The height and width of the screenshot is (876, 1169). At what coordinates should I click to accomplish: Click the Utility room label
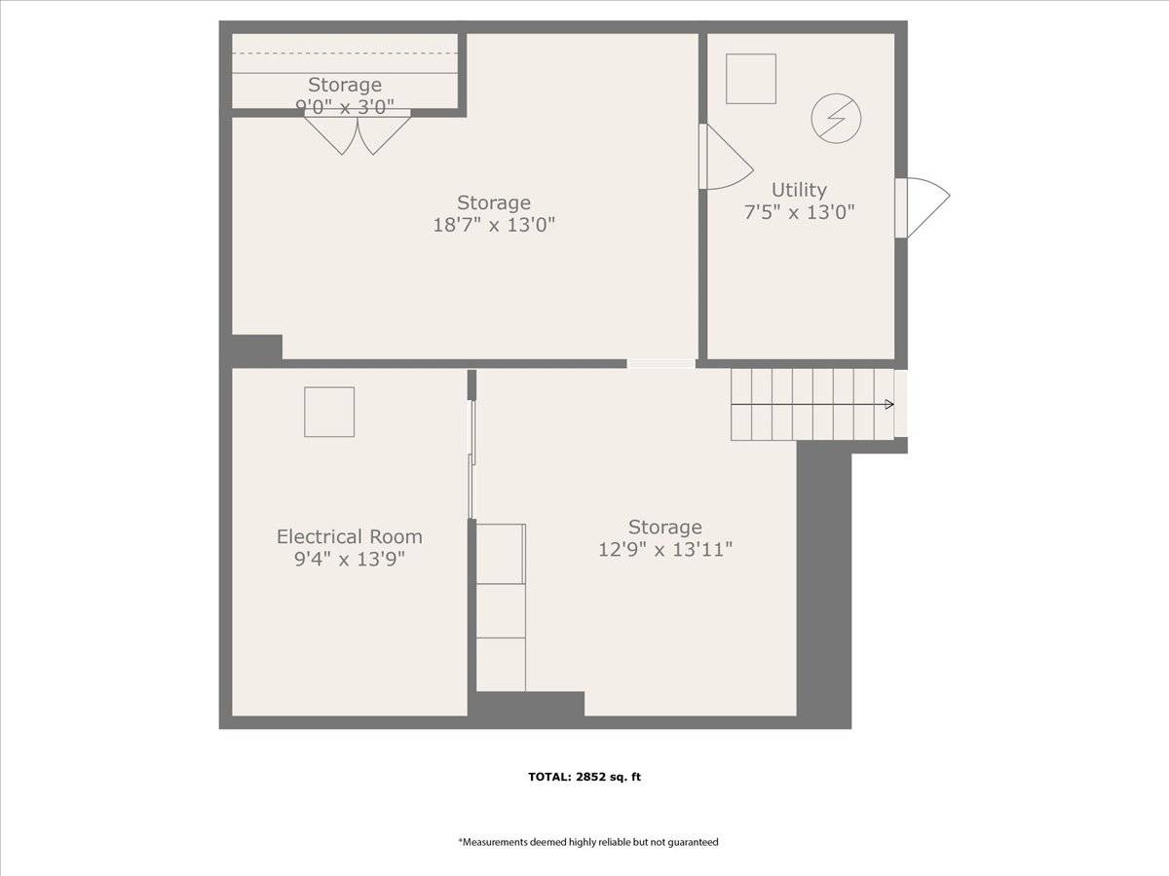(x=799, y=190)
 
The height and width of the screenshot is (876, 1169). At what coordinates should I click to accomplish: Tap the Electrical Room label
(x=350, y=536)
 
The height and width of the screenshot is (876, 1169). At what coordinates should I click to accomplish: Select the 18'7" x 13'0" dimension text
(x=494, y=225)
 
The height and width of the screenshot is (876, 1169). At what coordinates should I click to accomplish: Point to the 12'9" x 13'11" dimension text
(x=665, y=549)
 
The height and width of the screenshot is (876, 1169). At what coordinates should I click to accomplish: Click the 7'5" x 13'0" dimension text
(x=799, y=212)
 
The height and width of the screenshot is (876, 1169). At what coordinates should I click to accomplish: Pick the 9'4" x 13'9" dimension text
(x=350, y=559)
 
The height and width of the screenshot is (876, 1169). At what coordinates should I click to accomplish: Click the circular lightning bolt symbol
(x=836, y=118)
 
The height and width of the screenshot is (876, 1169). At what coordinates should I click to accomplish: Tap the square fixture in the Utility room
(x=751, y=79)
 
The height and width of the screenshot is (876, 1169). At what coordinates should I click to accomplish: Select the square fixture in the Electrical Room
(x=329, y=412)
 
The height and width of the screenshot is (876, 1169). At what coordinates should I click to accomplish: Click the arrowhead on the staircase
(x=889, y=405)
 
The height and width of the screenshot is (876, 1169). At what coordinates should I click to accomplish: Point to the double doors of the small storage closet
(x=358, y=133)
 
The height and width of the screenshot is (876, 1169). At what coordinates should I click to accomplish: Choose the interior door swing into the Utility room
(x=726, y=157)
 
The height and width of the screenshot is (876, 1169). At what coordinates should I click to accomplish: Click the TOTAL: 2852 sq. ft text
(x=584, y=777)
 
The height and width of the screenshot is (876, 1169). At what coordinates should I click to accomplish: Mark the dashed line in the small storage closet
(x=345, y=54)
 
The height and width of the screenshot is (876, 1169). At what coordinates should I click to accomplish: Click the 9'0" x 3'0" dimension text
(x=345, y=107)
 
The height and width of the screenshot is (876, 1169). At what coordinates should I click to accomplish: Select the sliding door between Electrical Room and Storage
(x=471, y=459)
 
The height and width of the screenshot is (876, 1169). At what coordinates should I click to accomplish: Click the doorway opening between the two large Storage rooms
(x=660, y=364)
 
